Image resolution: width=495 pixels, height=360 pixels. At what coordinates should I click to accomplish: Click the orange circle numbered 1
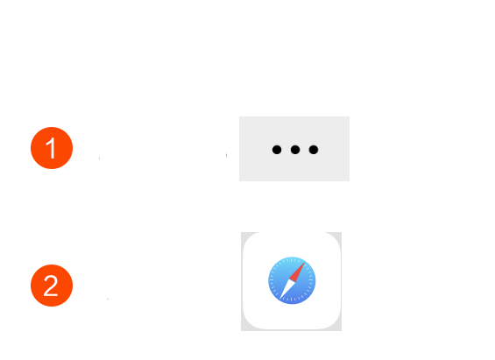[52, 148]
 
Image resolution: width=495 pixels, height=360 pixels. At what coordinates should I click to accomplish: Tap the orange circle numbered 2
[52, 286]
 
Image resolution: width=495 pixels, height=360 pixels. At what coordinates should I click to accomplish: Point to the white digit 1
[52, 148]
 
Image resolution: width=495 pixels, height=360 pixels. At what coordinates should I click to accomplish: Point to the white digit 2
[51, 286]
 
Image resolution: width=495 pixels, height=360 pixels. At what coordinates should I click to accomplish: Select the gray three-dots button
[294, 149]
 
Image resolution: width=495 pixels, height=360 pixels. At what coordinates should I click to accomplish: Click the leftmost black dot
[277, 150]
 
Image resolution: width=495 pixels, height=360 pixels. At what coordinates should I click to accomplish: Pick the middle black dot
[295, 150]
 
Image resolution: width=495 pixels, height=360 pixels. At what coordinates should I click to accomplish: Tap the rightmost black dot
[314, 150]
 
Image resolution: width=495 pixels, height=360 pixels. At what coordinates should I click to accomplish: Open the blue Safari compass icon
[292, 280]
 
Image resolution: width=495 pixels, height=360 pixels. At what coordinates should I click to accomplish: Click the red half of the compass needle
[298, 272]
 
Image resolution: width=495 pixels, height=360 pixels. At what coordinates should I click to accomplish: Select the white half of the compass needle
[286, 288]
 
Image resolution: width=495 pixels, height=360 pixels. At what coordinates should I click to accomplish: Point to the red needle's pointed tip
[305, 262]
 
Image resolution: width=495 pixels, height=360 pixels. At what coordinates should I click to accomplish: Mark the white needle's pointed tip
[279, 299]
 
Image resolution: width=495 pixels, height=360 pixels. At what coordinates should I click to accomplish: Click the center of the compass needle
[292, 280]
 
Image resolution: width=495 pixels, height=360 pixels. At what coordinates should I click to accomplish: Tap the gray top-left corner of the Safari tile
[243, 234]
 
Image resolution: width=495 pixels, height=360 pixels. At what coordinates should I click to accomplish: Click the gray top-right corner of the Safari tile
[340, 234]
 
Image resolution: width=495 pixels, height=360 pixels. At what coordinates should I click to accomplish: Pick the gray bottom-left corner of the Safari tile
[243, 328]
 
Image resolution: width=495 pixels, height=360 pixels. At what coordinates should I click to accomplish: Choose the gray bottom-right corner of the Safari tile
[340, 328]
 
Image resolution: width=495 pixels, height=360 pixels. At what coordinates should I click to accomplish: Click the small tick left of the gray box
[226, 155]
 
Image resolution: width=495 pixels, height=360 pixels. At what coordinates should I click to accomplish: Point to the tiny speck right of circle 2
[108, 299]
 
